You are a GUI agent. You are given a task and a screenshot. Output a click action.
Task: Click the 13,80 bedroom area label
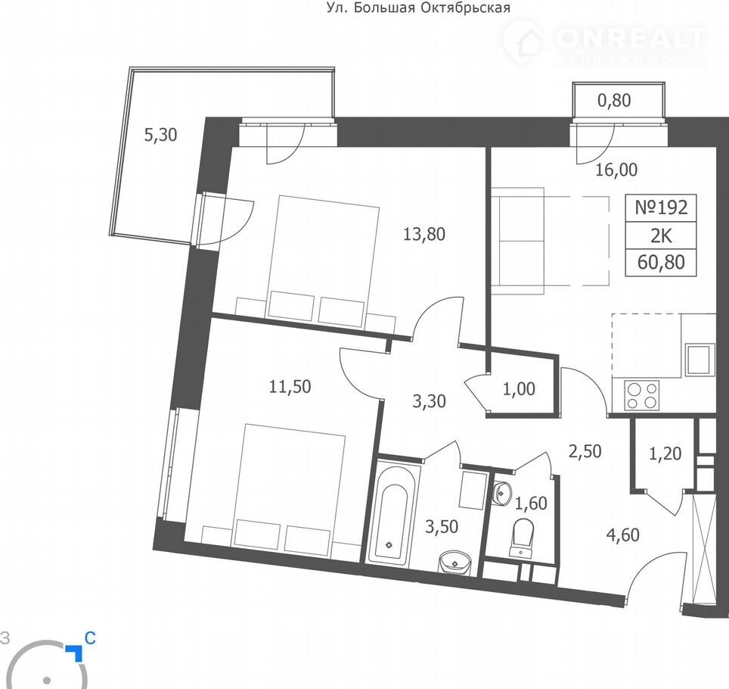tap(424, 234)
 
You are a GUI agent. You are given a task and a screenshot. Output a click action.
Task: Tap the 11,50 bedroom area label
tap(290, 386)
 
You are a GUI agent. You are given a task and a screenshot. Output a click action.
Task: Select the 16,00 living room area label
tap(616, 170)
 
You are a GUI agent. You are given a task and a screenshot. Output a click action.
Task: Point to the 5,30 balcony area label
tap(160, 135)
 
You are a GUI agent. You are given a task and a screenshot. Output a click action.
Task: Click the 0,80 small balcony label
tap(614, 101)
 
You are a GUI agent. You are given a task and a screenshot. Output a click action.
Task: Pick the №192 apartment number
tap(661, 207)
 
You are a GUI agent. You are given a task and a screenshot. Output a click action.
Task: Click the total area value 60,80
tap(661, 263)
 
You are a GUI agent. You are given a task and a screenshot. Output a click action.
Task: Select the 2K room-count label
tap(661, 236)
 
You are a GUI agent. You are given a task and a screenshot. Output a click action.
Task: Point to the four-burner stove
tap(642, 395)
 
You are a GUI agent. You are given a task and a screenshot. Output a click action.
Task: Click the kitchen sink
tap(699, 360)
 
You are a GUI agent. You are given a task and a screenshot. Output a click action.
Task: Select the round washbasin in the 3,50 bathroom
tap(454, 563)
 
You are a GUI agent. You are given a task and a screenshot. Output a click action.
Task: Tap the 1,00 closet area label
tap(519, 388)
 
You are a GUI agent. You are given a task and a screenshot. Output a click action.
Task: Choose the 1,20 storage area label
tap(665, 453)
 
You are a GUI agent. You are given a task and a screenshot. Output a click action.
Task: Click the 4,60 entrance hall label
tap(622, 535)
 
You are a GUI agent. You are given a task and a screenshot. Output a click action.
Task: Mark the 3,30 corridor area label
tap(429, 401)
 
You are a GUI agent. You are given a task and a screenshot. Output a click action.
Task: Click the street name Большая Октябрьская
tap(432, 8)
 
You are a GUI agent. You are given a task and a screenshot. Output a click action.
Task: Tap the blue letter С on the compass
tap(90, 638)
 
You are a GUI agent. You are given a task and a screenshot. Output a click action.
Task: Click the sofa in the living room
tap(518, 241)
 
